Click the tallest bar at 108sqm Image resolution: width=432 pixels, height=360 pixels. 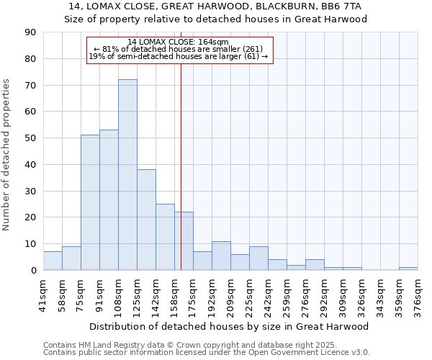pyautogui.click(x=127, y=175)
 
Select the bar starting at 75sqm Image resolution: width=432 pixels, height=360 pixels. pyautogui.click(x=90, y=202)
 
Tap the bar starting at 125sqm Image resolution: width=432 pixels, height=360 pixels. pyautogui.click(x=146, y=220)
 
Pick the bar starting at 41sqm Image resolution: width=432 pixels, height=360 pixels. pyautogui.click(x=53, y=261)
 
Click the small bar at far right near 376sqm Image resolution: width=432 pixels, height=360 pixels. pyautogui.click(x=408, y=269)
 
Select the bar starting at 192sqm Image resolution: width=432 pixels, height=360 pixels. pyautogui.click(x=221, y=256)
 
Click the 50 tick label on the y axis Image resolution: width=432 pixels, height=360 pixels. pyautogui.click(x=30, y=138)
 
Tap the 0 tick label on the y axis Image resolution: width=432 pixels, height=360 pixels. pyautogui.click(x=33, y=270)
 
